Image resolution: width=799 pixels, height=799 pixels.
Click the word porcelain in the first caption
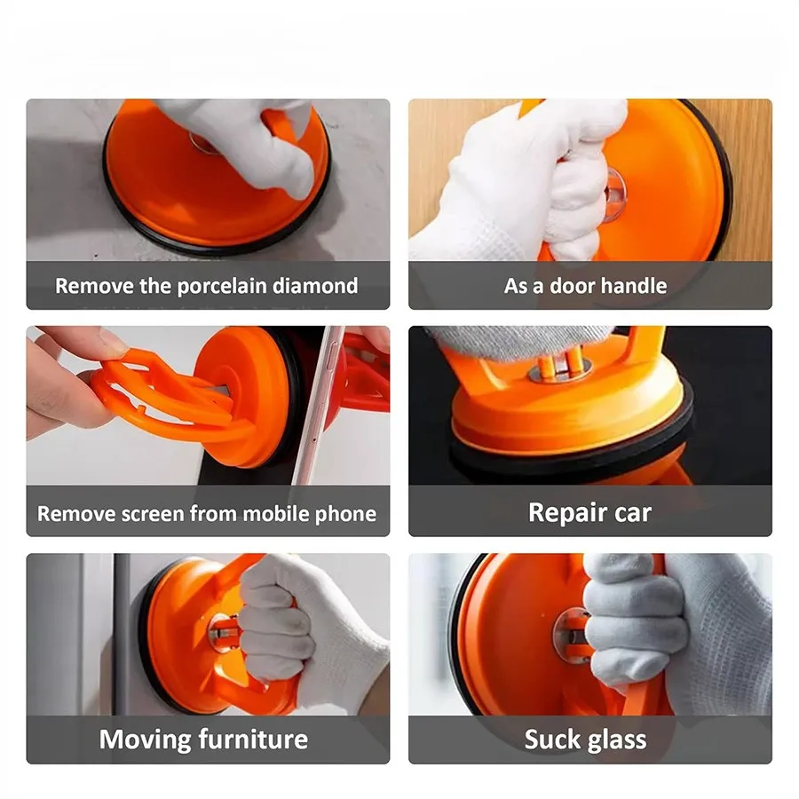tap(222, 287)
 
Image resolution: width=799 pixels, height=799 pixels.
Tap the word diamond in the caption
tap(315, 286)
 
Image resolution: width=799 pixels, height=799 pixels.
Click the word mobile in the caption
tap(276, 514)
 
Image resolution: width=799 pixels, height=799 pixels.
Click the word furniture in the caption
tap(253, 740)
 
